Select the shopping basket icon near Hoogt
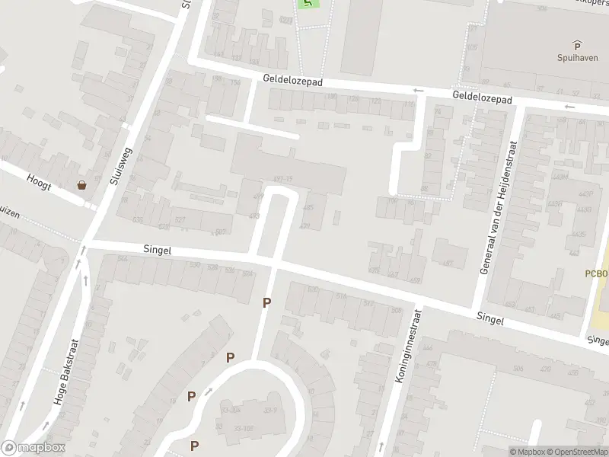(81, 184)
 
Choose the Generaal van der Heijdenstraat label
(499, 207)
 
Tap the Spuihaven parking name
(576, 57)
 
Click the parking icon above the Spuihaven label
(576, 45)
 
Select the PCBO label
(598, 273)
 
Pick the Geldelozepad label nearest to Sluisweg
(293, 79)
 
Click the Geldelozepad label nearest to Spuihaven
(482, 98)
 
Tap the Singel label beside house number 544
(158, 250)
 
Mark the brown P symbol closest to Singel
(266, 302)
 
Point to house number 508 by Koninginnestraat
(396, 311)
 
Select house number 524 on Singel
(247, 273)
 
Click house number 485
(308, 208)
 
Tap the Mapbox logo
(33, 448)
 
